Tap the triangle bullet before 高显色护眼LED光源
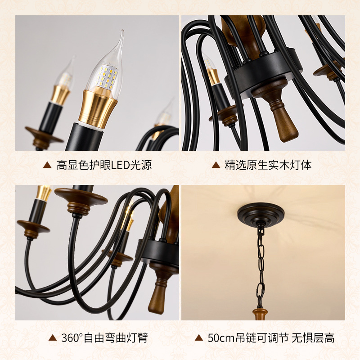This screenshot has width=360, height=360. pos(47,165)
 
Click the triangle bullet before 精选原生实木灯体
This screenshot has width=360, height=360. pos(216,165)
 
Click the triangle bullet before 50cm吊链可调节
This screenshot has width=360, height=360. pos(199,338)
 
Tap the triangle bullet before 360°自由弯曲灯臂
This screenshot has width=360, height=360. pos(53,338)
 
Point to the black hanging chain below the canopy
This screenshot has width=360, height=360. pos(261,266)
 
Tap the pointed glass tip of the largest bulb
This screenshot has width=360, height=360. pos(122,31)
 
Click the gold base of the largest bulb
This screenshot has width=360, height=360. pos(98,108)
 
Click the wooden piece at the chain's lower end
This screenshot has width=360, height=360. pos(260,314)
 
